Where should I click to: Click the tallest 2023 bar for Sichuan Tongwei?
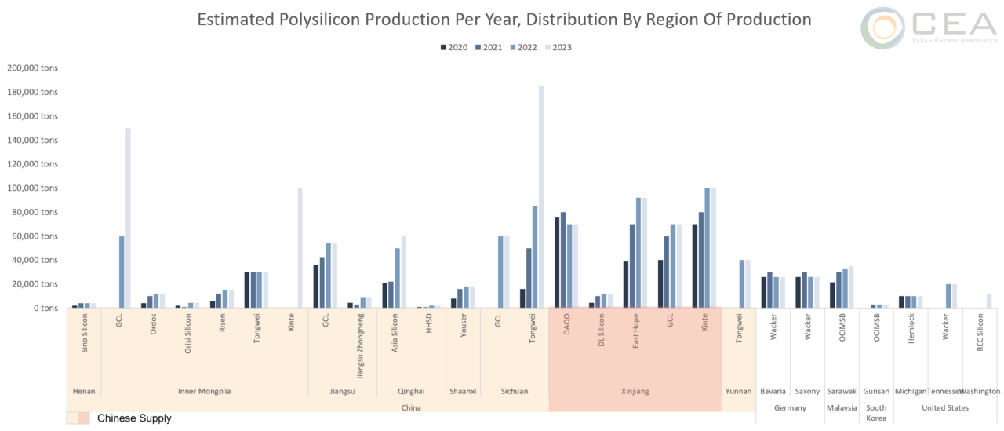(541, 196)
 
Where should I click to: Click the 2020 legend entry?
(454, 47)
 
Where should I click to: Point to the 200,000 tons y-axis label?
(33, 68)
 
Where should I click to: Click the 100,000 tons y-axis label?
(33, 188)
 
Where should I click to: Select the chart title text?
(504, 18)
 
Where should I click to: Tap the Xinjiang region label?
(635, 391)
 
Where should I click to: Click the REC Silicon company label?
(980, 330)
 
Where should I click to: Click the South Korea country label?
(876, 412)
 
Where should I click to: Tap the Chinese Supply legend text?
(134, 418)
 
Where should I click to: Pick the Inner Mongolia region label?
(204, 391)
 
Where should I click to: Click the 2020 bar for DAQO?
(557, 262)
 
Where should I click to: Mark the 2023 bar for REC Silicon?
(989, 301)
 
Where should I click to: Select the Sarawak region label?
(842, 391)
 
